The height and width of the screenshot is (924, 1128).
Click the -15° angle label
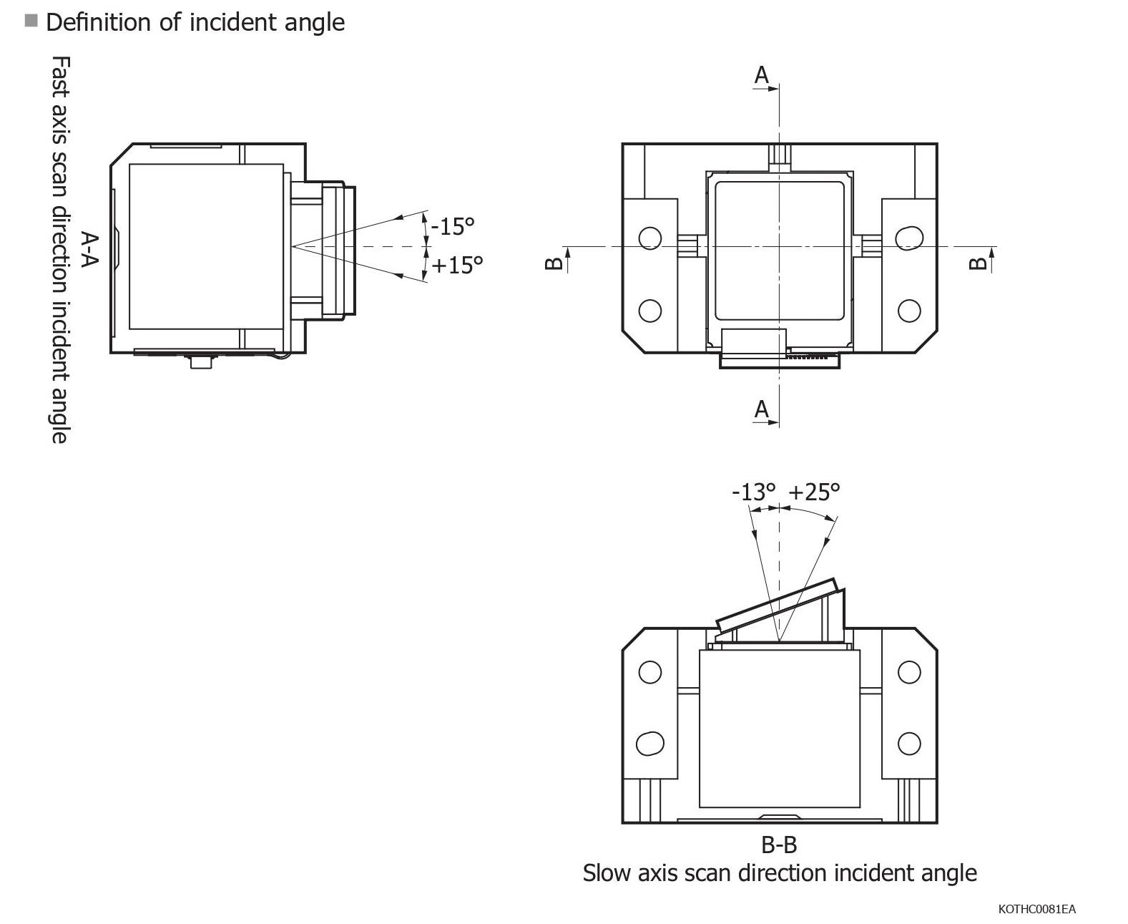click(453, 226)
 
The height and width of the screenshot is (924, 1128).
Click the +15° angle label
click(458, 266)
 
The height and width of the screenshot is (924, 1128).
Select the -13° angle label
click(753, 492)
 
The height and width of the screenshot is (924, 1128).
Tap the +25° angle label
click(814, 492)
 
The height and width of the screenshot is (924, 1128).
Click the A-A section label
click(89, 248)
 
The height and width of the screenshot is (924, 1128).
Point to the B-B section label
click(778, 845)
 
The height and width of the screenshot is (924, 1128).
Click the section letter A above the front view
click(762, 74)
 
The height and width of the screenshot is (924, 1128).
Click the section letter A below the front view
click(762, 410)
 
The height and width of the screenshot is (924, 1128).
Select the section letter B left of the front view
click(554, 263)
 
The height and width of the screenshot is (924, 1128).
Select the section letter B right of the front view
click(977, 263)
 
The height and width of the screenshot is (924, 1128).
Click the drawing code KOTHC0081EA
click(1036, 910)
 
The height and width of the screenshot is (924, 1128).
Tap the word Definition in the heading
click(99, 22)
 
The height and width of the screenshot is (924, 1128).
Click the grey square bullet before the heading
click(31, 20)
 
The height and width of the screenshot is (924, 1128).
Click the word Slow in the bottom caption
click(605, 873)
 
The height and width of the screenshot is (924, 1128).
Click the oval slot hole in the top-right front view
click(909, 238)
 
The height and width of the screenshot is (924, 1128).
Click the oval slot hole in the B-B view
click(649, 743)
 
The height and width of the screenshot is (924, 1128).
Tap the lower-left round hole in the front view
click(649, 311)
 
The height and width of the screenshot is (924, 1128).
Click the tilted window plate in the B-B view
click(778, 606)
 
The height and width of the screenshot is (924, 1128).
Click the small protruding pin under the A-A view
click(202, 362)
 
